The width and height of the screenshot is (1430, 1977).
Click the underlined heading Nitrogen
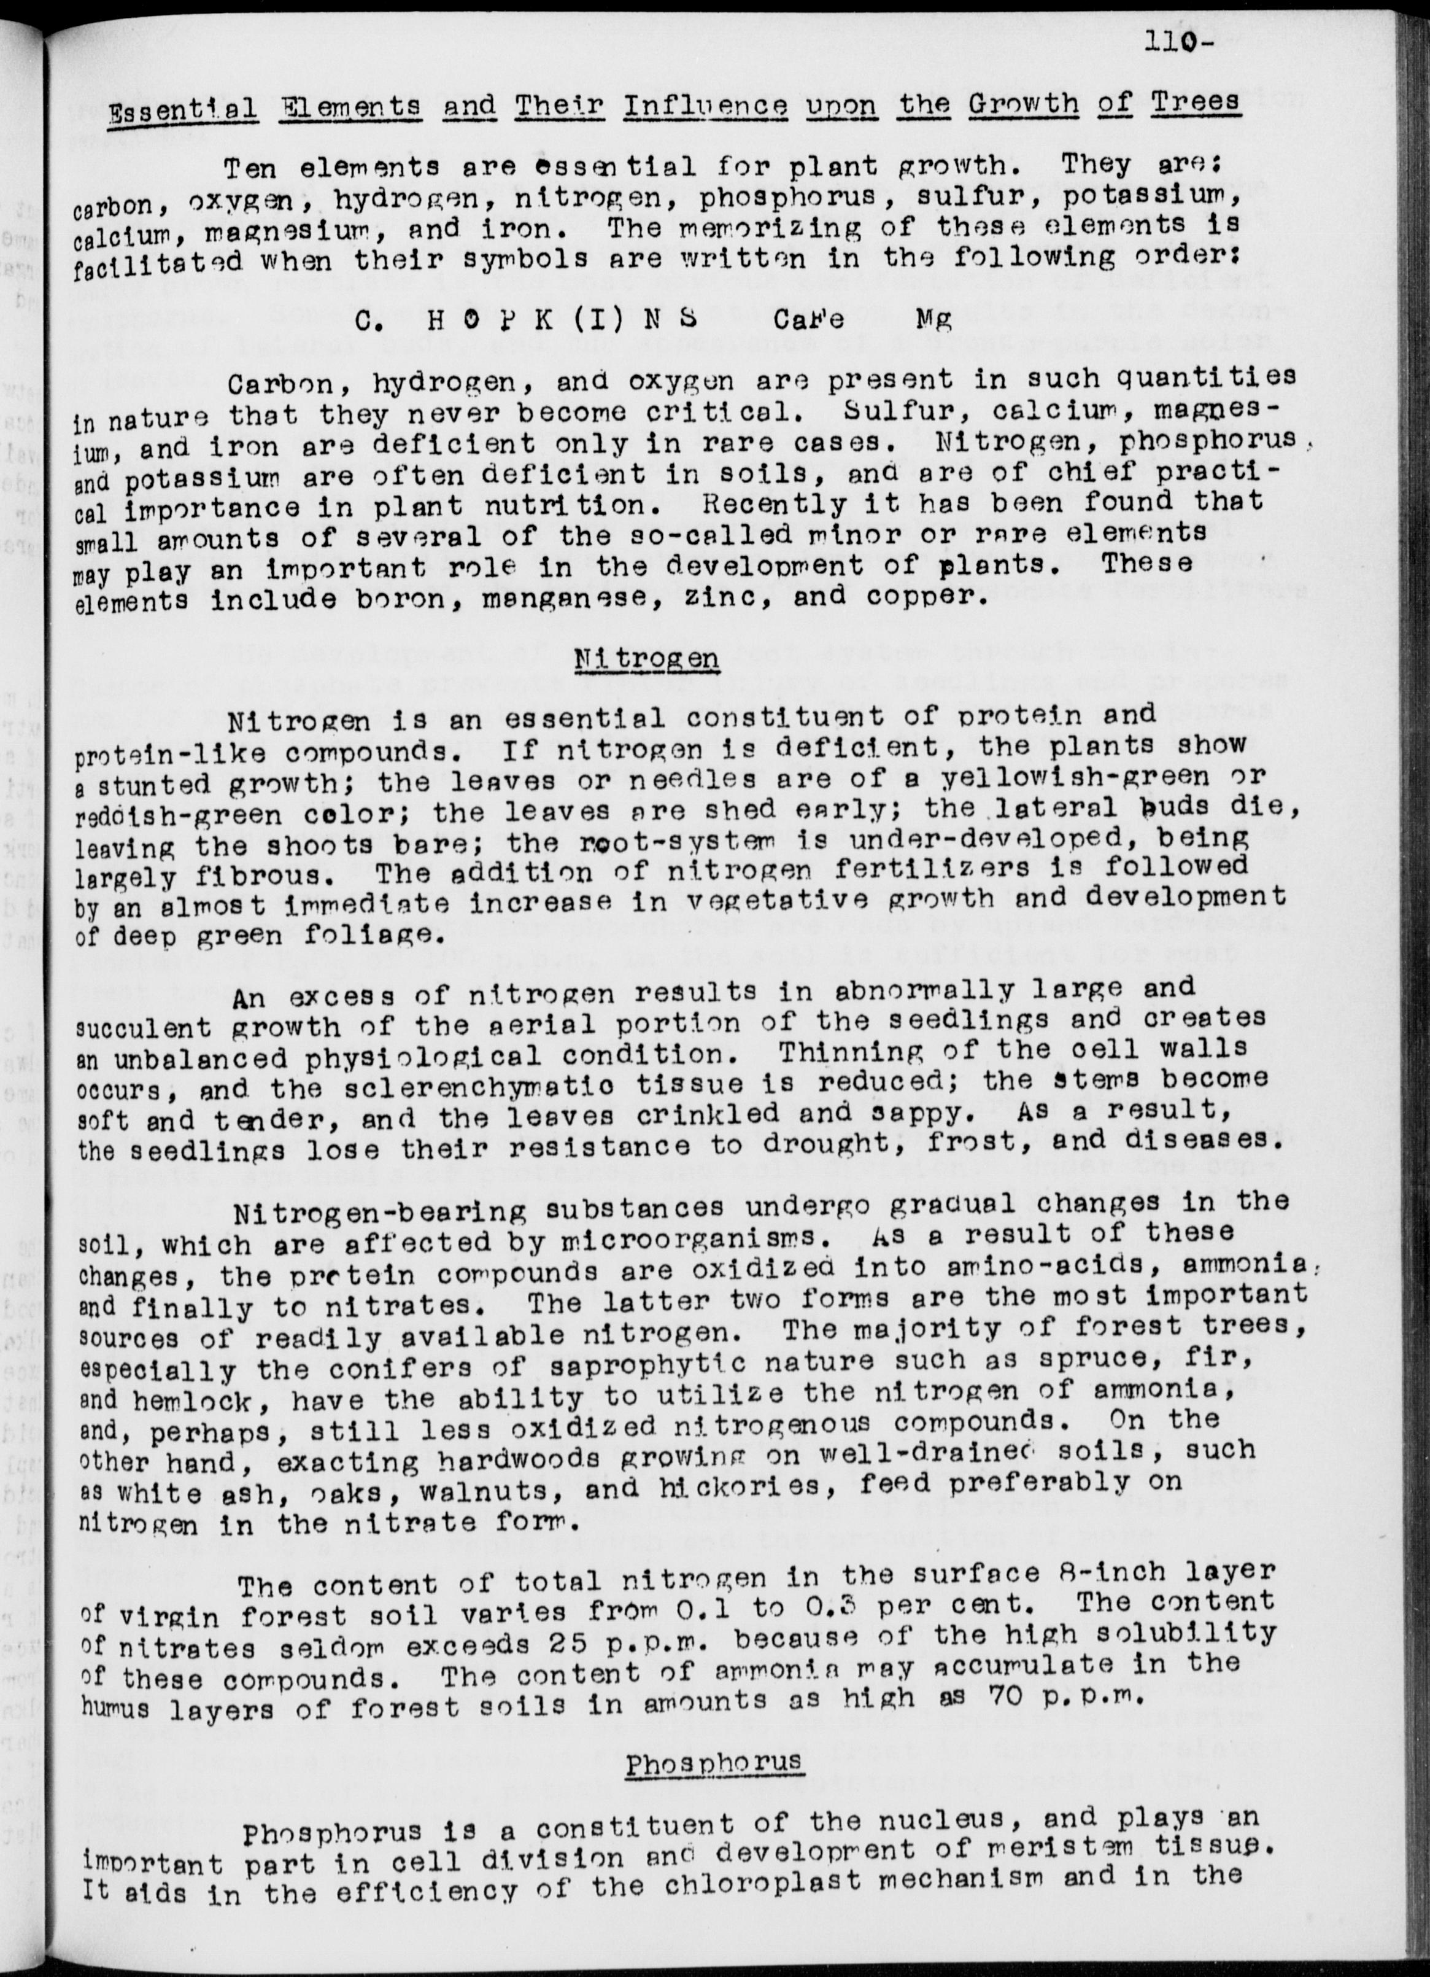(647, 657)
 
